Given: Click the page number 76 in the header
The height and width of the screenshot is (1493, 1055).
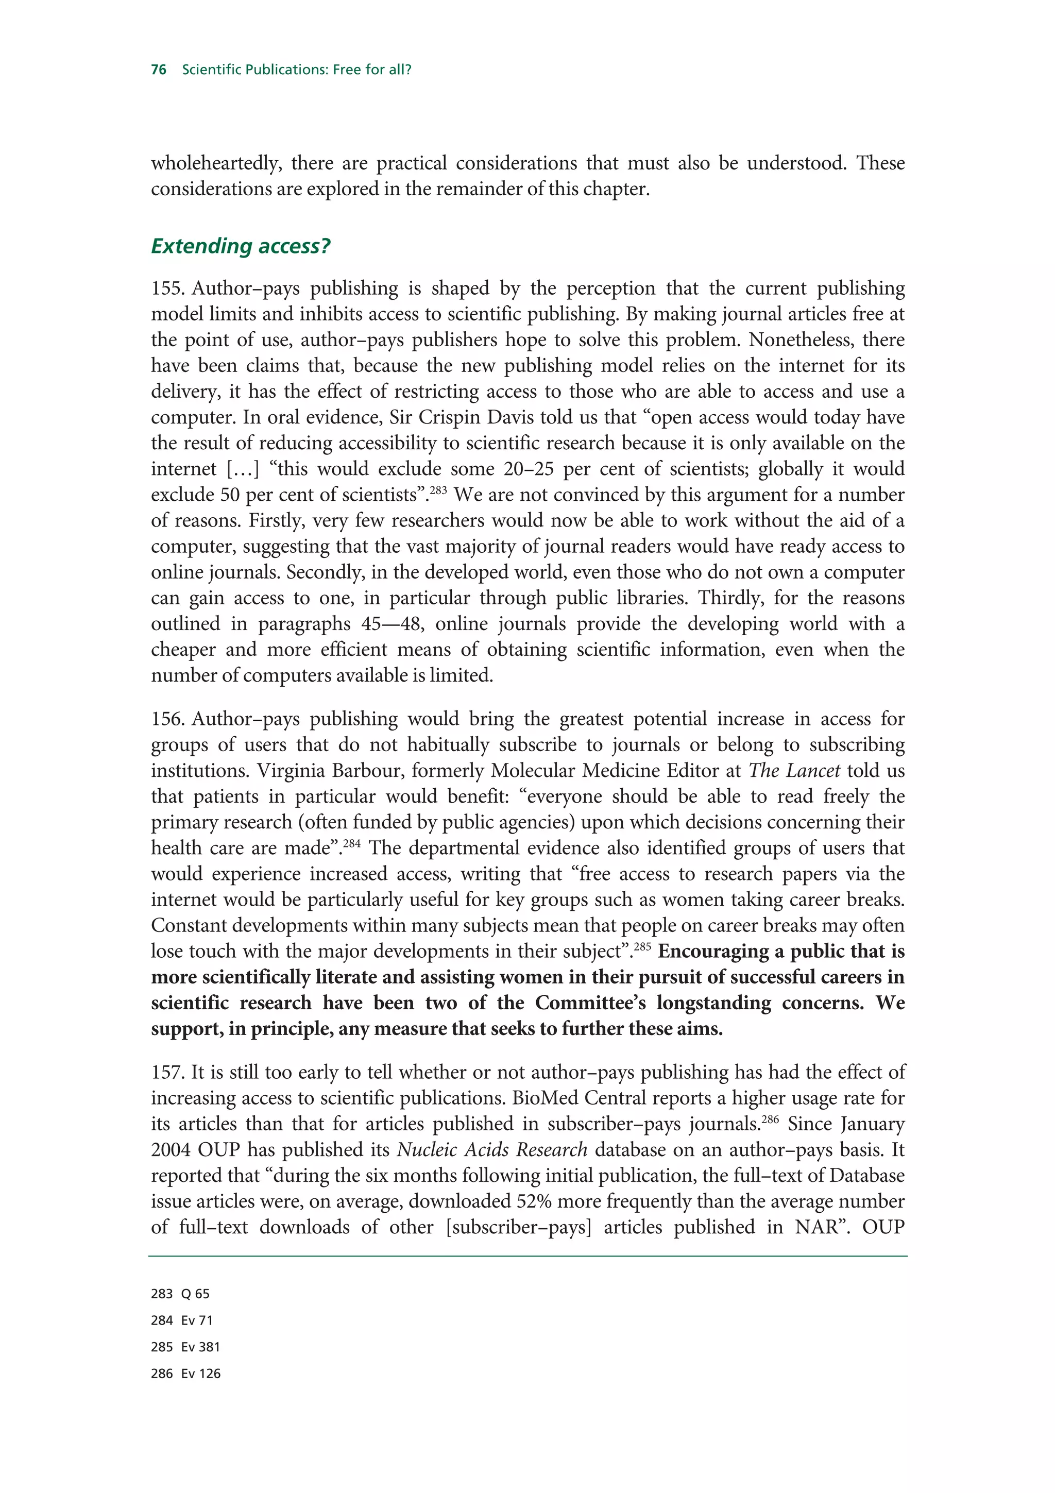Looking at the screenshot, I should coord(159,70).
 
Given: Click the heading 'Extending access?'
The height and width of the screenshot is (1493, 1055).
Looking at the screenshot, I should coord(241,246).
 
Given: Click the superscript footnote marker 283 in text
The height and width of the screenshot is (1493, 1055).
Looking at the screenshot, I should coord(437,489).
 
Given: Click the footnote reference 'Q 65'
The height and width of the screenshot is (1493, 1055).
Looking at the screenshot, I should coord(196,1294).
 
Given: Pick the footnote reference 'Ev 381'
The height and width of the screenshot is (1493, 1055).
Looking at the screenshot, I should coord(201,1347).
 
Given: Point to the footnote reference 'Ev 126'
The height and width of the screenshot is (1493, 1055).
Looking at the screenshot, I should coord(201,1373).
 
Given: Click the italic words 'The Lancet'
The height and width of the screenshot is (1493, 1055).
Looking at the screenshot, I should coord(794,771).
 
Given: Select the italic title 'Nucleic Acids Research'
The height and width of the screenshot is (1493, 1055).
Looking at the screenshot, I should coord(492,1150).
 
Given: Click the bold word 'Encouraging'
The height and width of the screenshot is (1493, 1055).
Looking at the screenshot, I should coord(714,952).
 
